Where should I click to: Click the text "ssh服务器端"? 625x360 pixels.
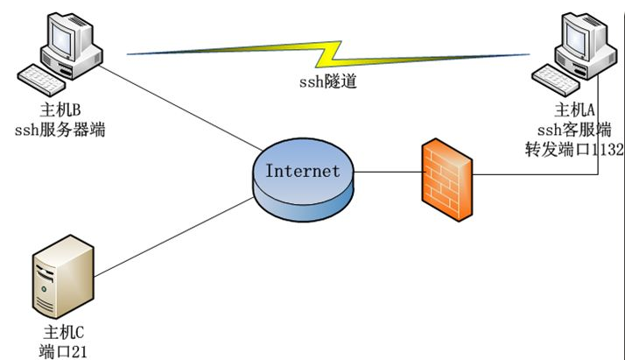tap(66, 130)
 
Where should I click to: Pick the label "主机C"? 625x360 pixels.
tap(65, 333)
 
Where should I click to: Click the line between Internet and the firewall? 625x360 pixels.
tap(385, 173)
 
